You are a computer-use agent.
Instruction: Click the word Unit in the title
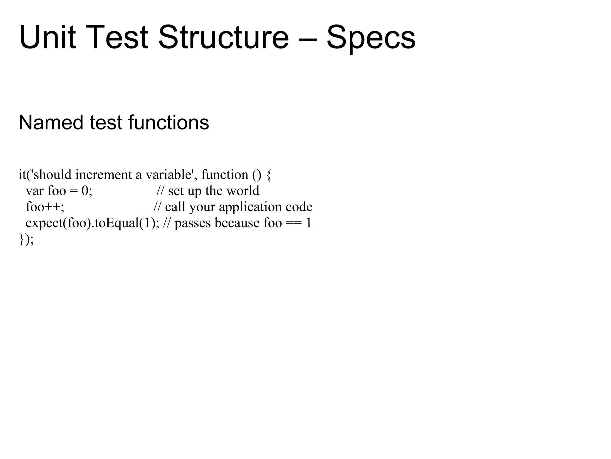tap(47, 38)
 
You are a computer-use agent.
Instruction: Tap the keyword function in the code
tap(225, 175)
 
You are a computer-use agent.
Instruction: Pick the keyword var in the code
tap(34, 191)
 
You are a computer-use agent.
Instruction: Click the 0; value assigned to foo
tap(87, 191)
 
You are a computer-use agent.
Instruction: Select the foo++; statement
tap(45, 207)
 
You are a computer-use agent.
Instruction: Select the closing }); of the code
tap(26, 239)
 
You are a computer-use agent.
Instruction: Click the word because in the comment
tap(237, 223)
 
